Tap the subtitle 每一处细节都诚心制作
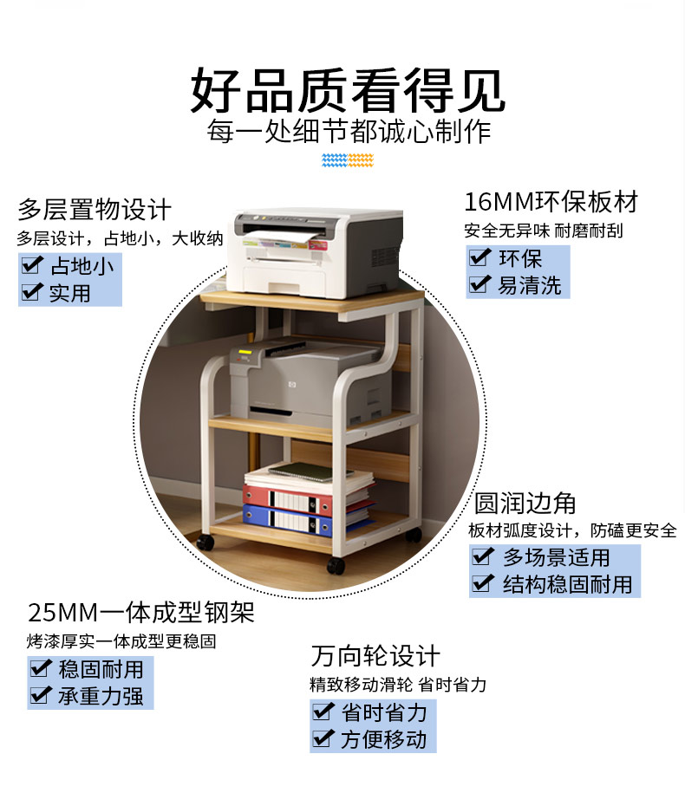click(x=349, y=133)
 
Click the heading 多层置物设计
click(x=95, y=210)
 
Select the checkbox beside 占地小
click(x=32, y=265)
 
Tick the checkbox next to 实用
click(x=32, y=293)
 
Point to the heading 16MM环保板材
click(x=551, y=203)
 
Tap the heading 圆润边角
click(x=525, y=503)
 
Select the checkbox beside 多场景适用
click(x=483, y=556)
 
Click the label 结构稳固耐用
click(x=568, y=584)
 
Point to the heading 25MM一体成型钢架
click(x=141, y=614)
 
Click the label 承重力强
click(x=100, y=696)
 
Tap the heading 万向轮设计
click(x=375, y=656)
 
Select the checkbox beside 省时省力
click(x=323, y=712)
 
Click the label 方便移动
click(x=383, y=739)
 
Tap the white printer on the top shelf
click(x=316, y=251)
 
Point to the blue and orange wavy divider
click(x=347, y=160)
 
